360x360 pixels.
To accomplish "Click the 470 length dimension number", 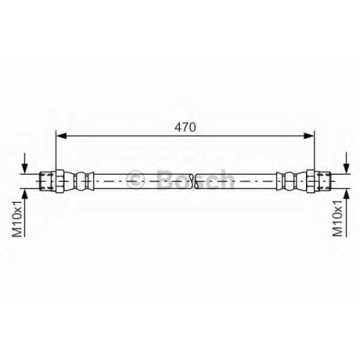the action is pyautogui.click(x=185, y=127).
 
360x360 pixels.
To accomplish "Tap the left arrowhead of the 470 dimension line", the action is pyautogui.click(x=61, y=135).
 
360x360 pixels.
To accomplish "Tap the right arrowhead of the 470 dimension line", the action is pyautogui.click(x=309, y=135).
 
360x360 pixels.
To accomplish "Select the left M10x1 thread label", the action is pyautogui.click(x=17, y=219).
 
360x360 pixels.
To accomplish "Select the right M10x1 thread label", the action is pyautogui.click(x=337, y=219).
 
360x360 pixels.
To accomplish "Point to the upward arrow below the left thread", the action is pyautogui.click(x=24, y=213).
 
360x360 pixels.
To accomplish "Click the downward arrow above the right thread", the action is pyautogui.click(x=346, y=162).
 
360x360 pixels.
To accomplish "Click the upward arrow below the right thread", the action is pyautogui.click(x=346, y=213).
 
